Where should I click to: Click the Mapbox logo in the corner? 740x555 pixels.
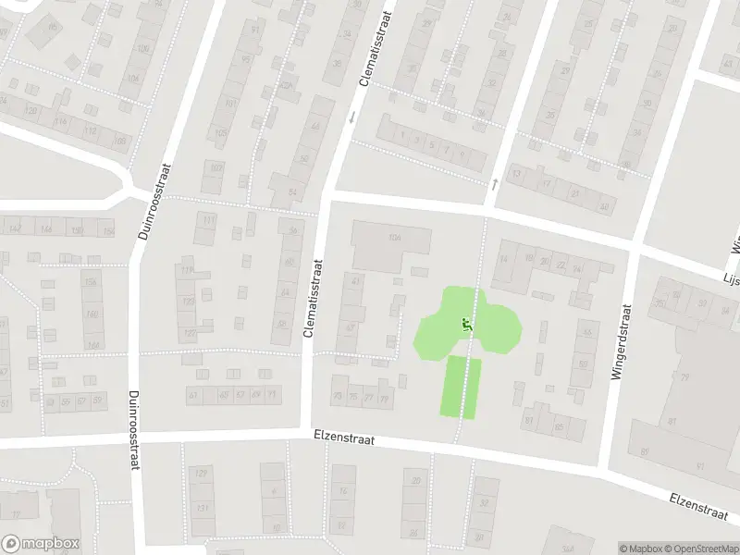click(x=41, y=544)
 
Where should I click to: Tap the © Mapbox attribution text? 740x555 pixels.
click(x=641, y=549)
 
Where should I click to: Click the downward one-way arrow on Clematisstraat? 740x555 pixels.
click(x=351, y=117)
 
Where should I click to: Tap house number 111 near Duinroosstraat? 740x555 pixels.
click(x=210, y=219)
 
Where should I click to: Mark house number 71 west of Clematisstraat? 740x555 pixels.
click(x=272, y=395)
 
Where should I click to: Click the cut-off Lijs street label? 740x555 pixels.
click(x=731, y=277)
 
